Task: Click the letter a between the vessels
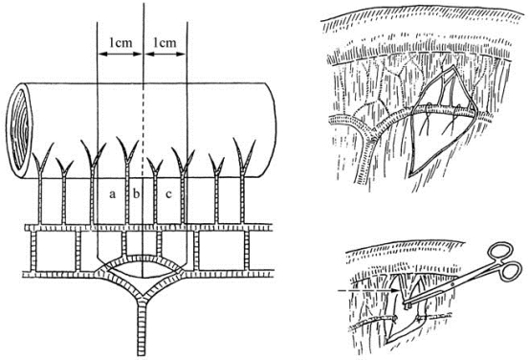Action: pyautogui.click(x=112, y=194)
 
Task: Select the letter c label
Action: pyautogui.click(x=168, y=194)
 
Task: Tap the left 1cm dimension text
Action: pyautogui.click(x=121, y=42)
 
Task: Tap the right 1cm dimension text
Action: pyautogui.click(x=165, y=42)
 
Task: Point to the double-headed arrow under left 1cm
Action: pyautogui.click(x=121, y=54)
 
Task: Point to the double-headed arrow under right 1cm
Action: pyautogui.click(x=165, y=54)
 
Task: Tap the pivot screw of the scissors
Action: pyautogui.click(x=452, y=284)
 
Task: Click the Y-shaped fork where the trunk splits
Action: pyautogui.click(x=142, y=296)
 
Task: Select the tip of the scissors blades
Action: pyautogui.click(x=406, y=306)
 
